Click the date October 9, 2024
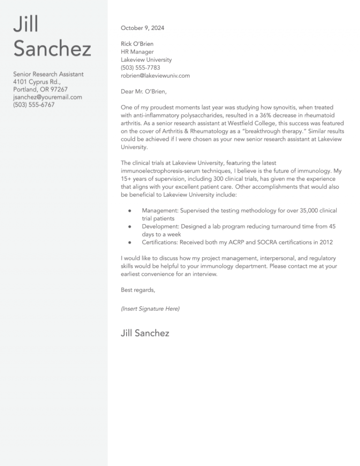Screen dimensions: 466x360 (x=142, y=28)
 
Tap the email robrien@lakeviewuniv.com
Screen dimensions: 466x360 (x=155, y=75)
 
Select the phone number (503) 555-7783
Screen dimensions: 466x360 (x=141, y=68)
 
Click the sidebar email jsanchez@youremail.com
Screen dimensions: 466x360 (x=47, y=97)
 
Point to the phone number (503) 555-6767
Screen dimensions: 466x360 (x=34, y=105)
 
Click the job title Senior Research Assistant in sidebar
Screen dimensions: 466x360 (x=48, y=74)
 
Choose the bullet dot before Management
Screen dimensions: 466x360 (x=129, y=211)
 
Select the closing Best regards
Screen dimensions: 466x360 (x=138, y=290)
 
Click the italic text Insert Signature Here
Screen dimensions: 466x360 (x=150, y=308)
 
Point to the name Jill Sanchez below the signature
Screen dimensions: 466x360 (x=145, y=333)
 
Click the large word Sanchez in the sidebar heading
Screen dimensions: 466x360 (x=52, y=49)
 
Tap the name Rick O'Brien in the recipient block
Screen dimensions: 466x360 (x=137, y=44)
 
